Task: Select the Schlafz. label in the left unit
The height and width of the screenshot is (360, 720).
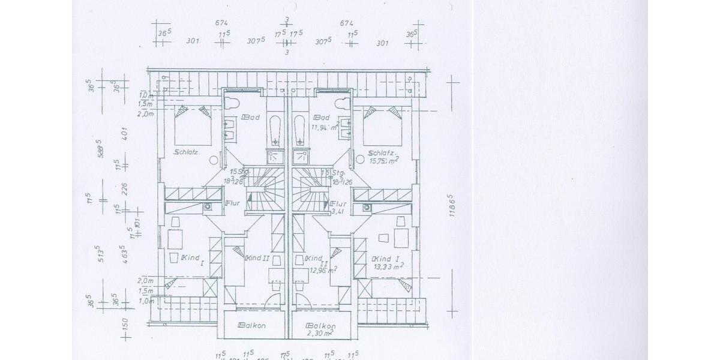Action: click(x=187, y=152)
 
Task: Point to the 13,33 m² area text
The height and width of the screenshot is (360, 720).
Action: click(x=388, y=266)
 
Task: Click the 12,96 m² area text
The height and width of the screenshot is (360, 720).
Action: click(x=323, y=269)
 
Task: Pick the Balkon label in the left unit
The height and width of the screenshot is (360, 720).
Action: click(x=252, y=325)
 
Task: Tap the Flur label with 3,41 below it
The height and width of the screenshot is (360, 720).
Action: click(x=338, y=203)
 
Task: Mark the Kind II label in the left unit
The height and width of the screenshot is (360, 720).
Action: click(x=256, y=259)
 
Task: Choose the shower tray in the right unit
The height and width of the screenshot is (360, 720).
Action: click(x=300, y=157)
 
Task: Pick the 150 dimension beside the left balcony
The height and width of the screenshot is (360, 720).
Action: click(x=125, y=326)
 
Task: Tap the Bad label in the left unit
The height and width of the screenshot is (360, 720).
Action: click(x=250, y=118)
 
